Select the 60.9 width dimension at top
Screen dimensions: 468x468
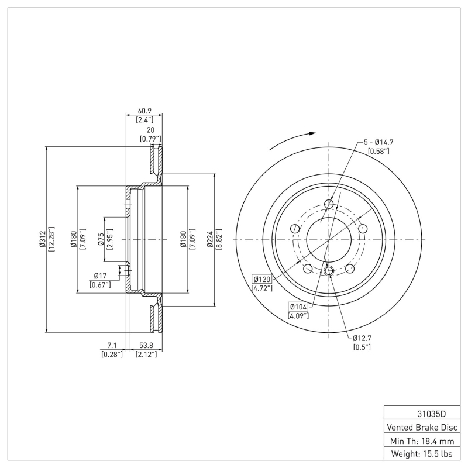[x=144, y=110]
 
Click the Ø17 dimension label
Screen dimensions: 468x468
[x=99, y=276]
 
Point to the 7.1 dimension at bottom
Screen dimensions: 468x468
[x=112, y=345]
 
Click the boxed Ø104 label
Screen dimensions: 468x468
[x=298, y=307]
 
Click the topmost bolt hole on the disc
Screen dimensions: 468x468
[x=329, y=204]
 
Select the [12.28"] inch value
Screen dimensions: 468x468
[x=51, y=239]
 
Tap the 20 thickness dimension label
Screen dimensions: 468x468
[x=150, y=130]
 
